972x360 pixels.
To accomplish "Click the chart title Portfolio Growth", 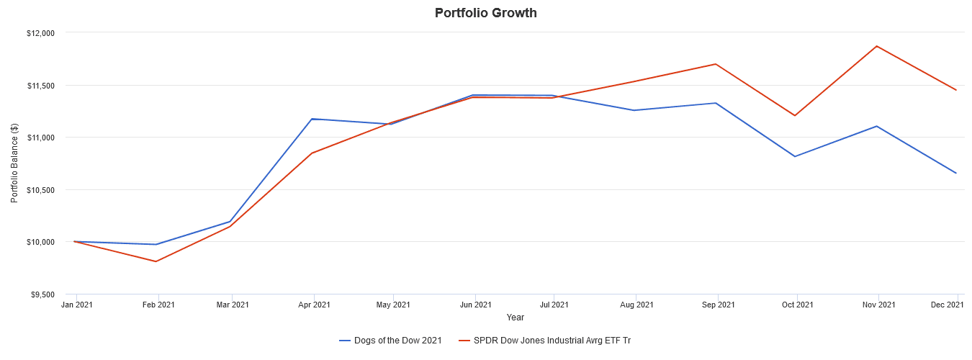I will click(485, 13).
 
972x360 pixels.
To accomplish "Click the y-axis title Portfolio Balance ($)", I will click(14, 163).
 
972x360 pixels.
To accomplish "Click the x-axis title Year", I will click(515, 318).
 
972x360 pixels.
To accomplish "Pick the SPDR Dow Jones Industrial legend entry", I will click(552, 340).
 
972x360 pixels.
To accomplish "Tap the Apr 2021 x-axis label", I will click(311, 305).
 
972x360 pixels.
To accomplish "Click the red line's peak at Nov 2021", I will click(876, 46).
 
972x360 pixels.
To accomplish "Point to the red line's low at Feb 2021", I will click(156, 261).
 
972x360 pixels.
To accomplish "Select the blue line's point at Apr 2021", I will click(311, 119).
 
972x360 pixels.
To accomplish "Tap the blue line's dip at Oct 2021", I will click(795, 156).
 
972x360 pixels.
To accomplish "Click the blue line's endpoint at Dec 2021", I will click(956, 173).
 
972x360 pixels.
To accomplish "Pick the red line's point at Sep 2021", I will click(715, 64).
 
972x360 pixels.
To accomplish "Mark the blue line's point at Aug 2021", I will click(634, 110).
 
